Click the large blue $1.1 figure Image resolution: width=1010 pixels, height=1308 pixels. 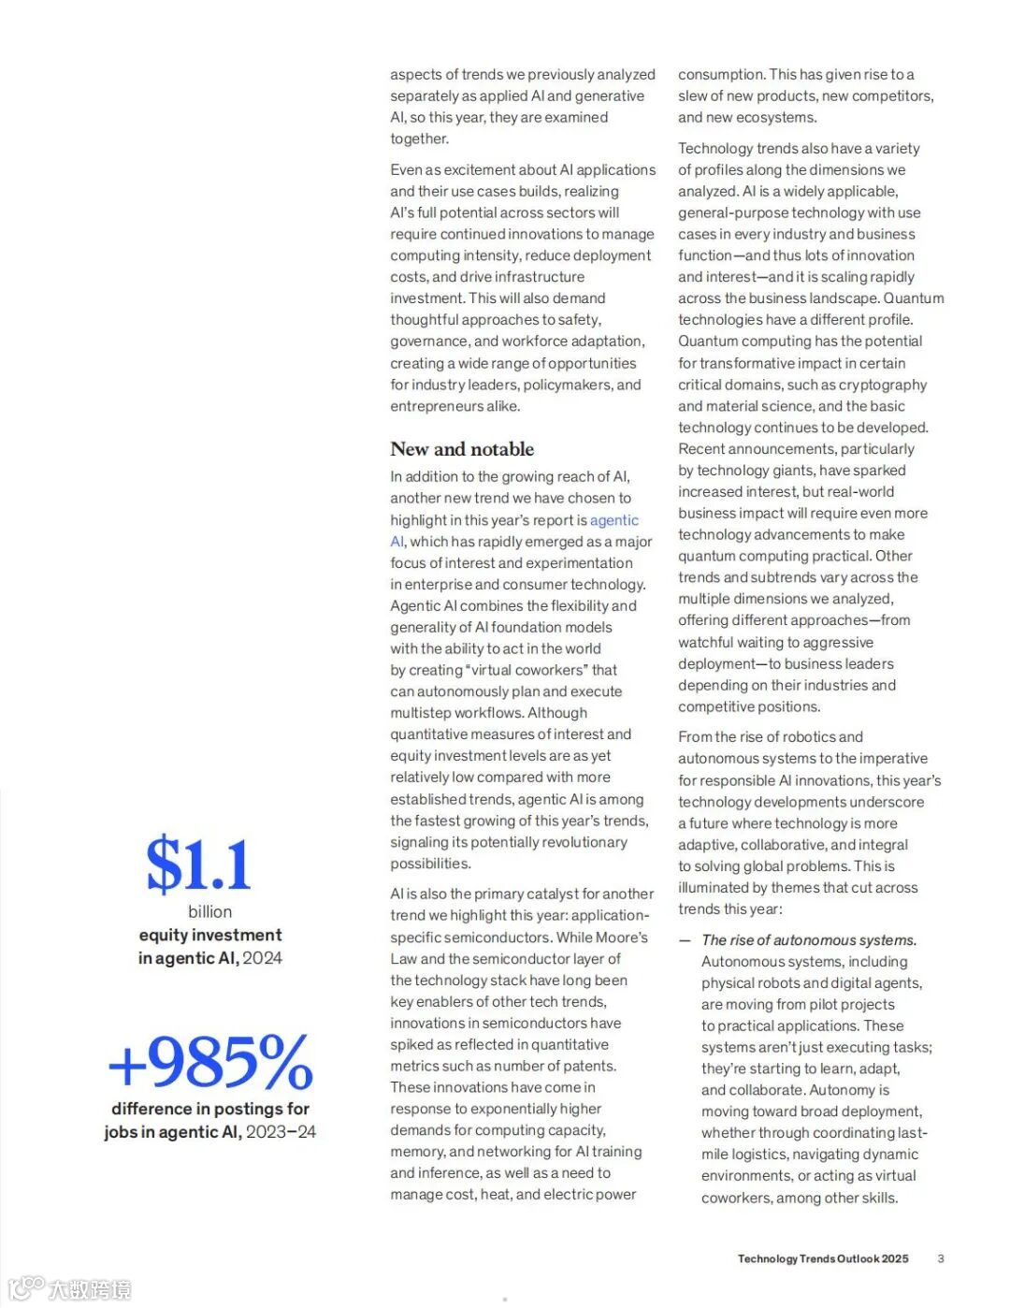(198, 865)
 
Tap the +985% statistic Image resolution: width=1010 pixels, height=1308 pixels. (210, 1061)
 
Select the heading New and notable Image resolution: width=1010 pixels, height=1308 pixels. (462, 449)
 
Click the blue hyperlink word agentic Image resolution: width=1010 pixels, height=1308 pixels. (614, 520)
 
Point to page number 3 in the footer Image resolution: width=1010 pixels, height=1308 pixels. (941, 1258)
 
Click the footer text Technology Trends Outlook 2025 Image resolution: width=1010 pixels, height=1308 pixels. (823, 1258)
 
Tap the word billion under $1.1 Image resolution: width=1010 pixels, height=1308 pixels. (210, 911)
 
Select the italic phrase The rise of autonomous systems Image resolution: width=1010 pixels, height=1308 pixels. (809, 940)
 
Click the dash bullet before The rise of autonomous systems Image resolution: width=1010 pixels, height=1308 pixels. (685, 940)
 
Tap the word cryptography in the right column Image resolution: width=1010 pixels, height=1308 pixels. (882, 385)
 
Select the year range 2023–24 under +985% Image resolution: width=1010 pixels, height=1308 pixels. (281, 1132)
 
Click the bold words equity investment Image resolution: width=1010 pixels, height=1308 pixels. (210, 935)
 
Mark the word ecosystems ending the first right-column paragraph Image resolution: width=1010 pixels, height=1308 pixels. (775, 118)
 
